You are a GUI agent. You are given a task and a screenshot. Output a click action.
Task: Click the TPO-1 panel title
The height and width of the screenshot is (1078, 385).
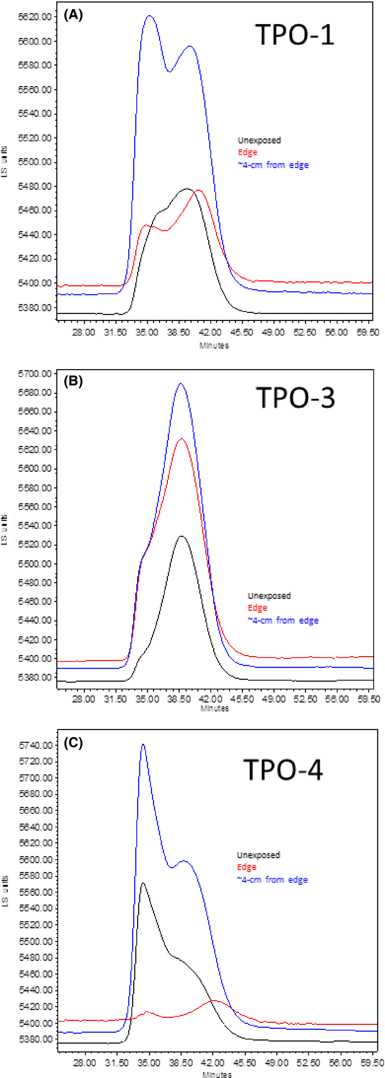[295, 35]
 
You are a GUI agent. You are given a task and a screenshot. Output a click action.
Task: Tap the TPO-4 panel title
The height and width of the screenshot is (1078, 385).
[283, 770]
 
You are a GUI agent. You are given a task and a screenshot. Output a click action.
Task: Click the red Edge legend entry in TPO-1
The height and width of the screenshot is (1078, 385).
[247, 152]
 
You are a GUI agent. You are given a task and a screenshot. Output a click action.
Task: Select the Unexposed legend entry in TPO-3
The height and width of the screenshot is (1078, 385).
[269, 595]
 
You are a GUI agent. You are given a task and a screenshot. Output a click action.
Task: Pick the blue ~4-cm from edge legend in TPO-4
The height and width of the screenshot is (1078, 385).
[272, 880]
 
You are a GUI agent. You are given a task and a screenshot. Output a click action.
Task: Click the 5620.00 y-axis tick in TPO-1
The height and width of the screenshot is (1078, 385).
[35, 17]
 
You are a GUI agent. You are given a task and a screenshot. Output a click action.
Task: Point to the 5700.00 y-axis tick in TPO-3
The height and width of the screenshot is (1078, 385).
[35, 373]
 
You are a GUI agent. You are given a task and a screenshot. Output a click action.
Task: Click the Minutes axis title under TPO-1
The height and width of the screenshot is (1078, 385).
[214, 346]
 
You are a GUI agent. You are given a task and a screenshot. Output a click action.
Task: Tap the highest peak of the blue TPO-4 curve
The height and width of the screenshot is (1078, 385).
[143, 744]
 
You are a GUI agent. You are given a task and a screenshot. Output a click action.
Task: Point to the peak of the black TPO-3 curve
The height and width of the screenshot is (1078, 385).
[181, 536]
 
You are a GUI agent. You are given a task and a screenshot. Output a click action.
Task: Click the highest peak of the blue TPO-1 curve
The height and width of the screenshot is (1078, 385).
[149, 16]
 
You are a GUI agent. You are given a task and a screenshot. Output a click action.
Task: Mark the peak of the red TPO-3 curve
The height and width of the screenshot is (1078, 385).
[181, 439]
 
